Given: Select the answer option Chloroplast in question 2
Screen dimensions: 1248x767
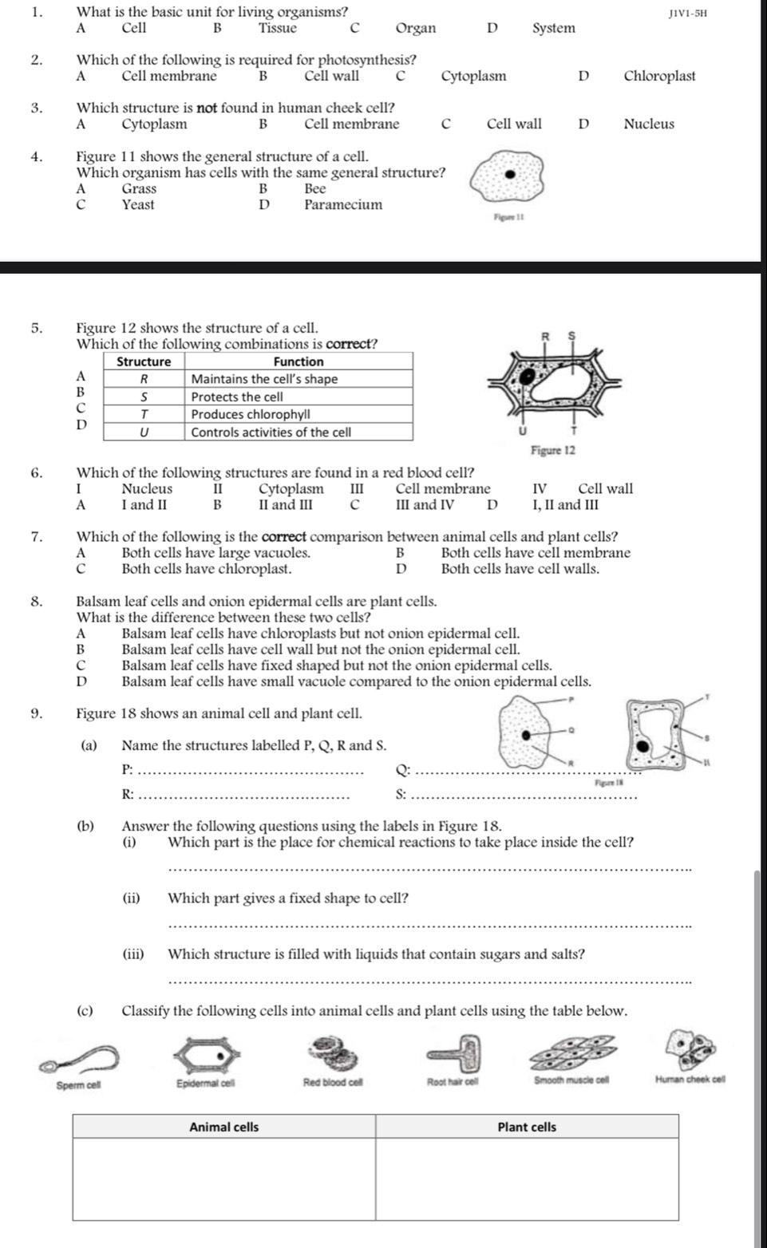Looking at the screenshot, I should (658, 77).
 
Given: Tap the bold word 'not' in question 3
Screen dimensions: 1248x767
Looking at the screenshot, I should (208, 108).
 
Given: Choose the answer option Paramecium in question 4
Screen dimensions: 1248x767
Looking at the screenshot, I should (342, 205).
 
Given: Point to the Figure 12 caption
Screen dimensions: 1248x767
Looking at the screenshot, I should (552, 450).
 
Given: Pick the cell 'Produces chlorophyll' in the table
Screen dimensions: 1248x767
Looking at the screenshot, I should (251, 415).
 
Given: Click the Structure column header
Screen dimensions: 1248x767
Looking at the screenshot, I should (144, 361).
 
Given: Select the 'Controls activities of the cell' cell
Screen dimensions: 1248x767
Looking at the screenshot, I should (271, 432).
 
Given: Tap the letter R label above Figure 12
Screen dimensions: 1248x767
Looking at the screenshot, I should (546, 336).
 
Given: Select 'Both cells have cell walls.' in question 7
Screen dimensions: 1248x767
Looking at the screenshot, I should (520, 569).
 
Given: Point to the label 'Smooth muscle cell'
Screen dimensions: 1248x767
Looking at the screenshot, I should (571, 1081).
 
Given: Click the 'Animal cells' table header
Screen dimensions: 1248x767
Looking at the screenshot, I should (223, 1127).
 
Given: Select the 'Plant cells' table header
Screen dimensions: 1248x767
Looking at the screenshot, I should (527, 1127).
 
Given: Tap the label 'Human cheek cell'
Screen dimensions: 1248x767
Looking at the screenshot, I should (690, 1081).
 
